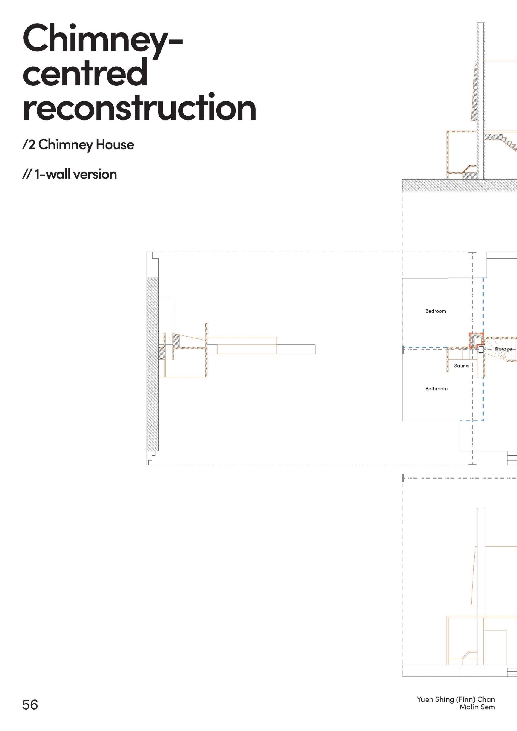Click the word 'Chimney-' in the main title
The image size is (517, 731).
click(102, 40)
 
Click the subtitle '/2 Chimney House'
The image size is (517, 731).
click(78, 145)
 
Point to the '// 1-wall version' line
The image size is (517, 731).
click(69, 174)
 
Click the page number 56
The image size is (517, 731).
click(30, 705)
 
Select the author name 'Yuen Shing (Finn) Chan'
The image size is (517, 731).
click(456, 699)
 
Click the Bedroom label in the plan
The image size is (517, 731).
click(435, 311)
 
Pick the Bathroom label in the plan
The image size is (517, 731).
click(436, 389)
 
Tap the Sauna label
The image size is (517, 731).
click(461, 366)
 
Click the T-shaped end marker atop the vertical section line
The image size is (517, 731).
click(472, 253)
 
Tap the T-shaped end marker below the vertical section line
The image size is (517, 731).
click(472, 464)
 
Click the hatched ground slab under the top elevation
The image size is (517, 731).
click(458, 185)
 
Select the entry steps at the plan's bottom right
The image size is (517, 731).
click(512, 459)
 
